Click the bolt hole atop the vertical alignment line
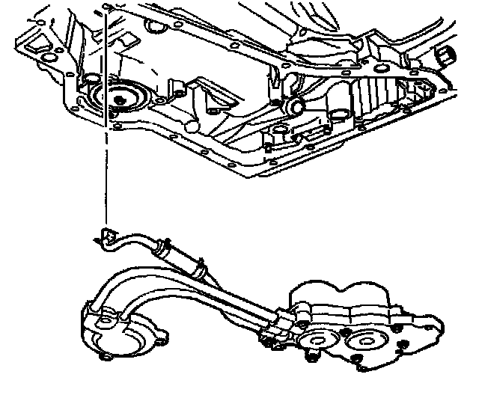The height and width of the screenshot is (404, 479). pos(109,8)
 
